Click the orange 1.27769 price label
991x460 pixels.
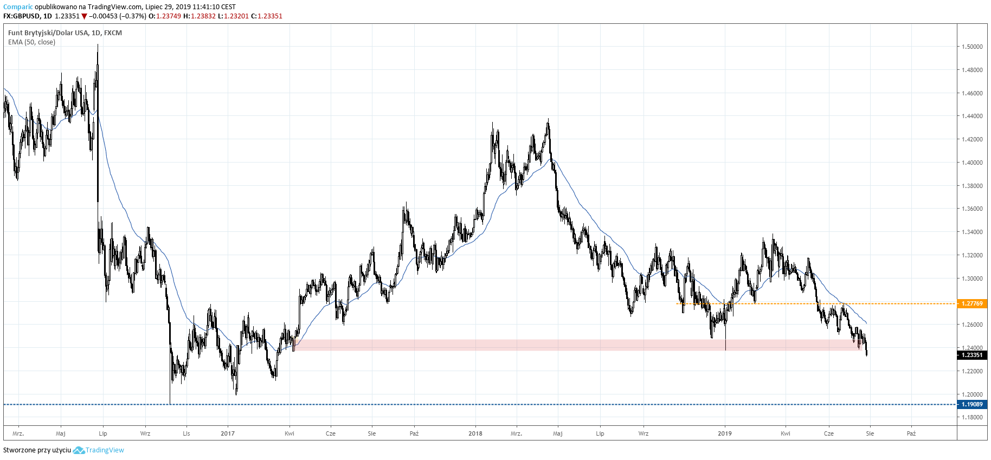971,303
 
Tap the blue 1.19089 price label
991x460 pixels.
971,404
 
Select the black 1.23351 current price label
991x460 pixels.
971,355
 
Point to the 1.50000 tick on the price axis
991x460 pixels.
972,47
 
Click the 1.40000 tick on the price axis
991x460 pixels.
972,163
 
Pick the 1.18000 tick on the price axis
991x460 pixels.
972,418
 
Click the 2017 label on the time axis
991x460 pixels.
228,433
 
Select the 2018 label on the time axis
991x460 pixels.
475,433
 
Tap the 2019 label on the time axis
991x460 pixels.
725,433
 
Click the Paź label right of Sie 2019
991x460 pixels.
911,433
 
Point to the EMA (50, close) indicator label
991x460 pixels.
31,42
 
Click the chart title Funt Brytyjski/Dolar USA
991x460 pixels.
48,33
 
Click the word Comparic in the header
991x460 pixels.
18,7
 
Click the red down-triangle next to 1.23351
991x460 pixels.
85,16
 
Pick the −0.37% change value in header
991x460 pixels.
133,16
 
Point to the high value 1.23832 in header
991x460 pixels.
203,16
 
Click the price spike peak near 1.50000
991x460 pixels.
98,45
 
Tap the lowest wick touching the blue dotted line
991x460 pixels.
170,403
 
